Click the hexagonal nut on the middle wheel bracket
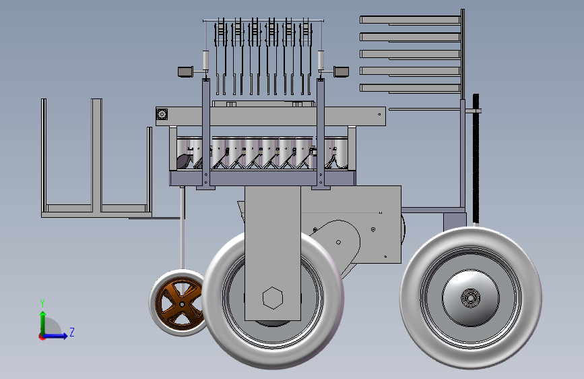(x=273, y=298)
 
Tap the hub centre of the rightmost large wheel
(x=470, y=297)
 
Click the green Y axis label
(x=42, y=303)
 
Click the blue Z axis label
(x=72, y=332)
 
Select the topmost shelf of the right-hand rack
(x=410, y=20)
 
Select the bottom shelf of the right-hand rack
(x=410, y=88)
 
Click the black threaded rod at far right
(x=476, y=160)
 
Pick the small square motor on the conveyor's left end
(x=162, y=114)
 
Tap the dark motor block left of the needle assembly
(x=185, y=71)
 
